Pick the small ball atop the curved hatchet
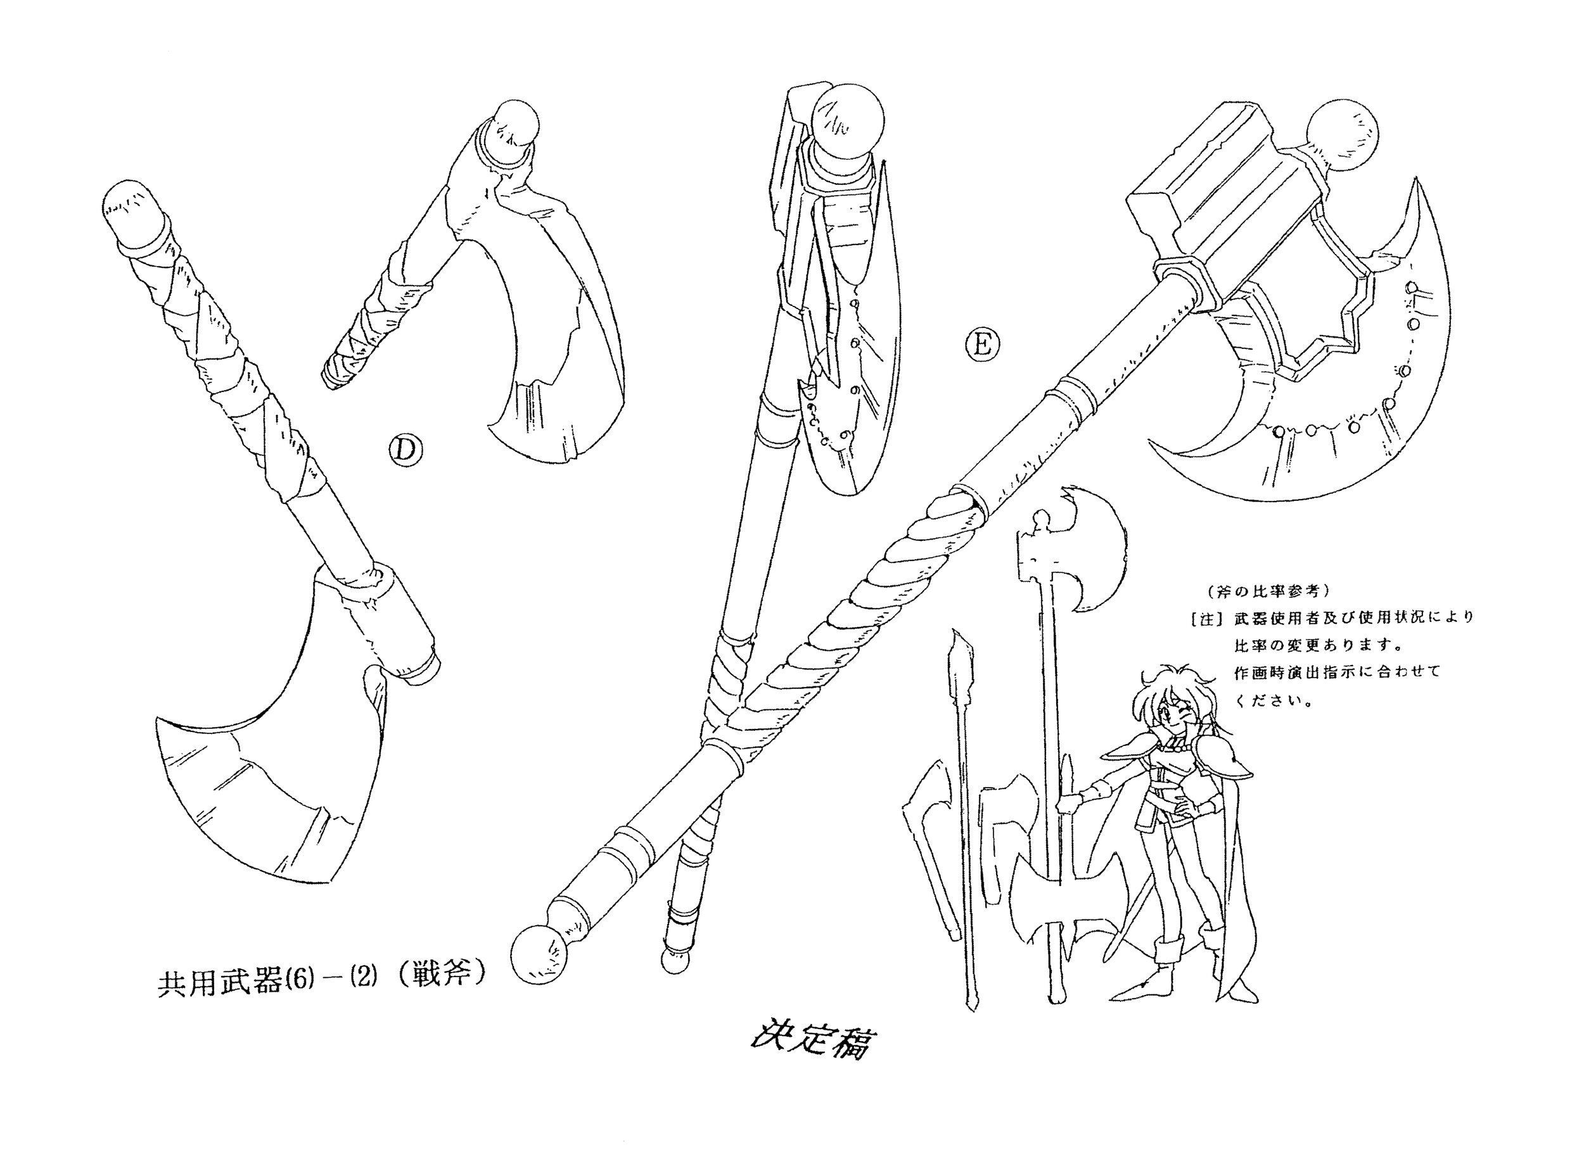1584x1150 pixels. [517, 125]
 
